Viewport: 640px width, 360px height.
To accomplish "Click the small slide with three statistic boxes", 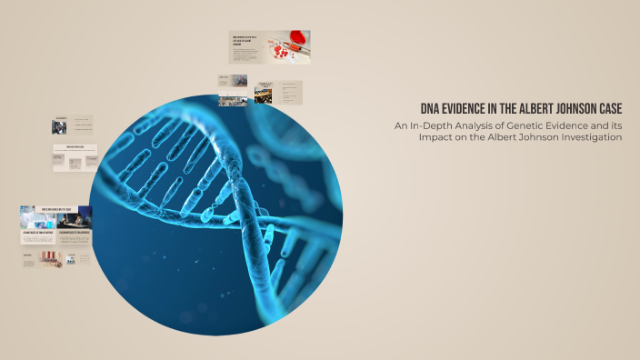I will tap(75, 158).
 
